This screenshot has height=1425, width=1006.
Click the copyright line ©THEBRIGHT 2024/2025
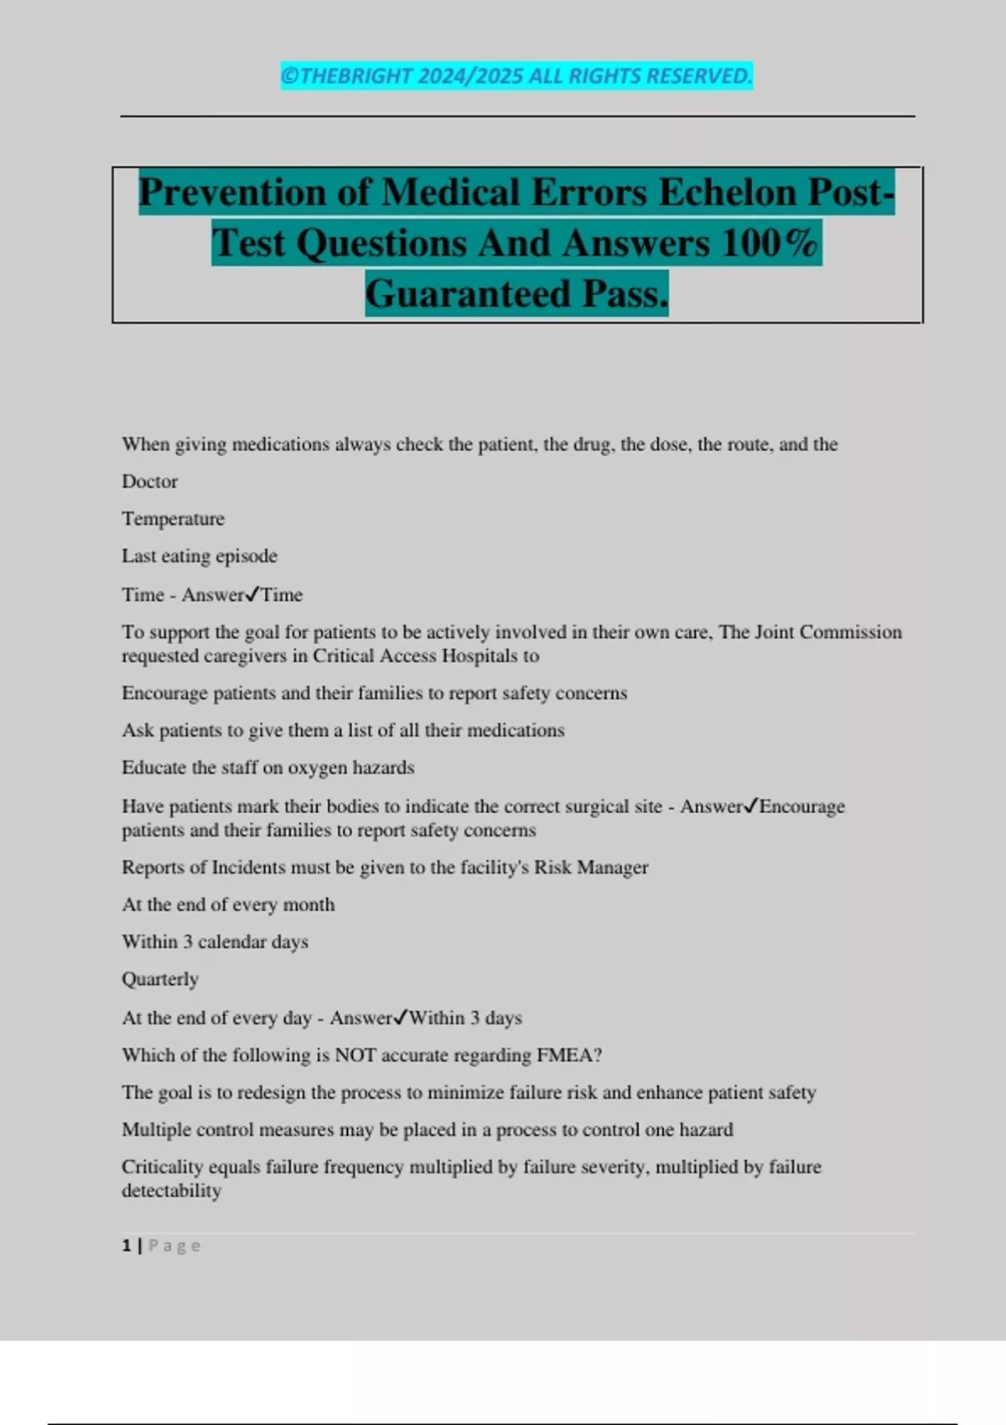516,76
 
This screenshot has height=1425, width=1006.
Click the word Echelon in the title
726,192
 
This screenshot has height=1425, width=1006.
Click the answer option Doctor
150,481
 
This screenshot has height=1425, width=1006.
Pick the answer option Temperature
174,519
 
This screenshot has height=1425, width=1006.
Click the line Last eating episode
200,556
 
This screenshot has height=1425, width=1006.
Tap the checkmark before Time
252,594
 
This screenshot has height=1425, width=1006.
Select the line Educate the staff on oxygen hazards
268,768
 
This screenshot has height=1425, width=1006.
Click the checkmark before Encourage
751,806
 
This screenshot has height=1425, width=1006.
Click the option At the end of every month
228,904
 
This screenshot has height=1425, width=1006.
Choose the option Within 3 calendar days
215,942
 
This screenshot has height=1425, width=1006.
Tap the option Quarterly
160,979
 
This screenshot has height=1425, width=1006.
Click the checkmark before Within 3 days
401,1017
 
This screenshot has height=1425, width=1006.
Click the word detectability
172,1191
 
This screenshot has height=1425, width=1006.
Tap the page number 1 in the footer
127,1246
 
